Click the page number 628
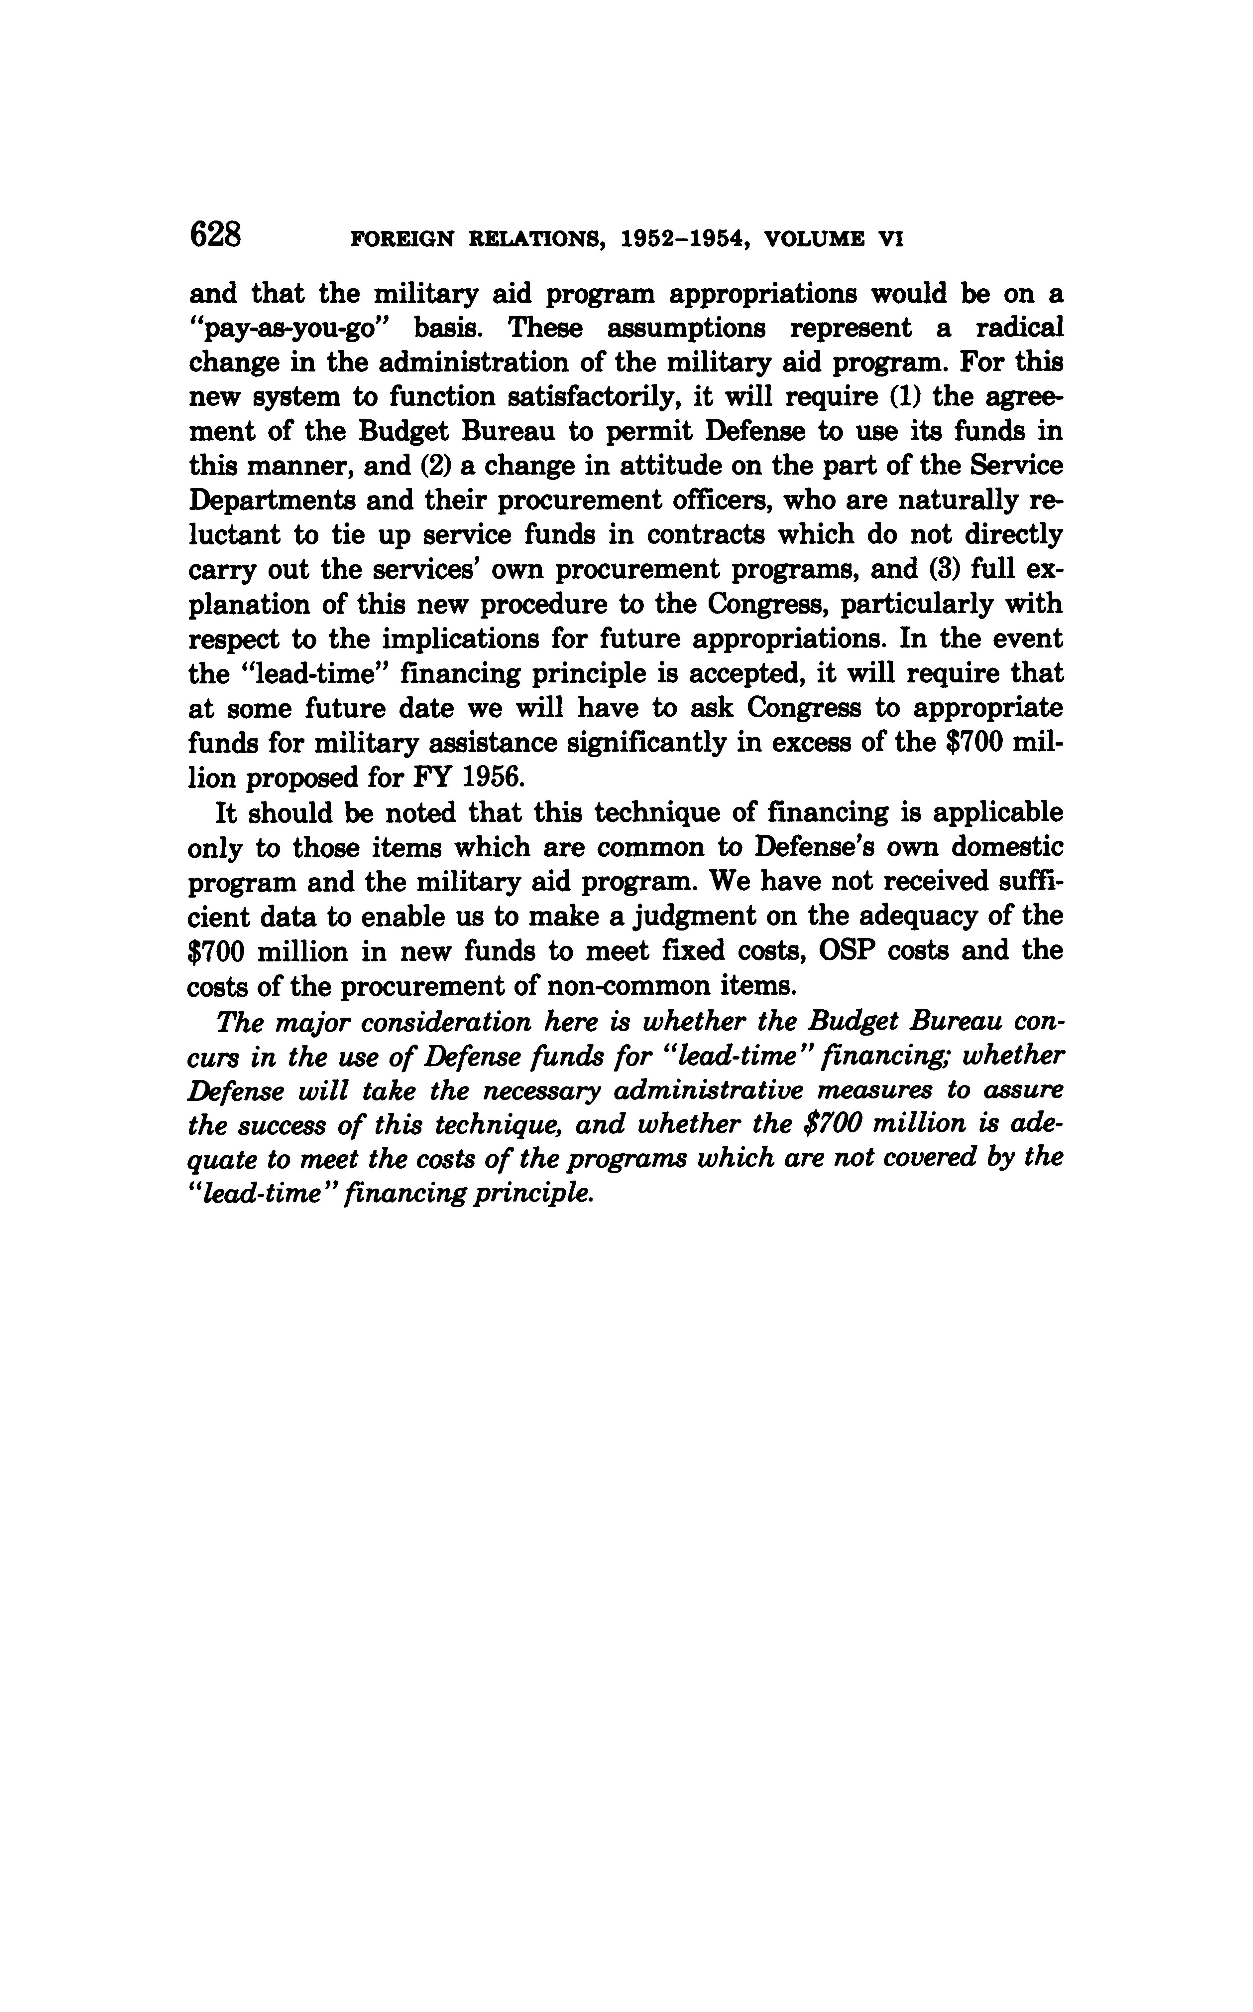215,235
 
